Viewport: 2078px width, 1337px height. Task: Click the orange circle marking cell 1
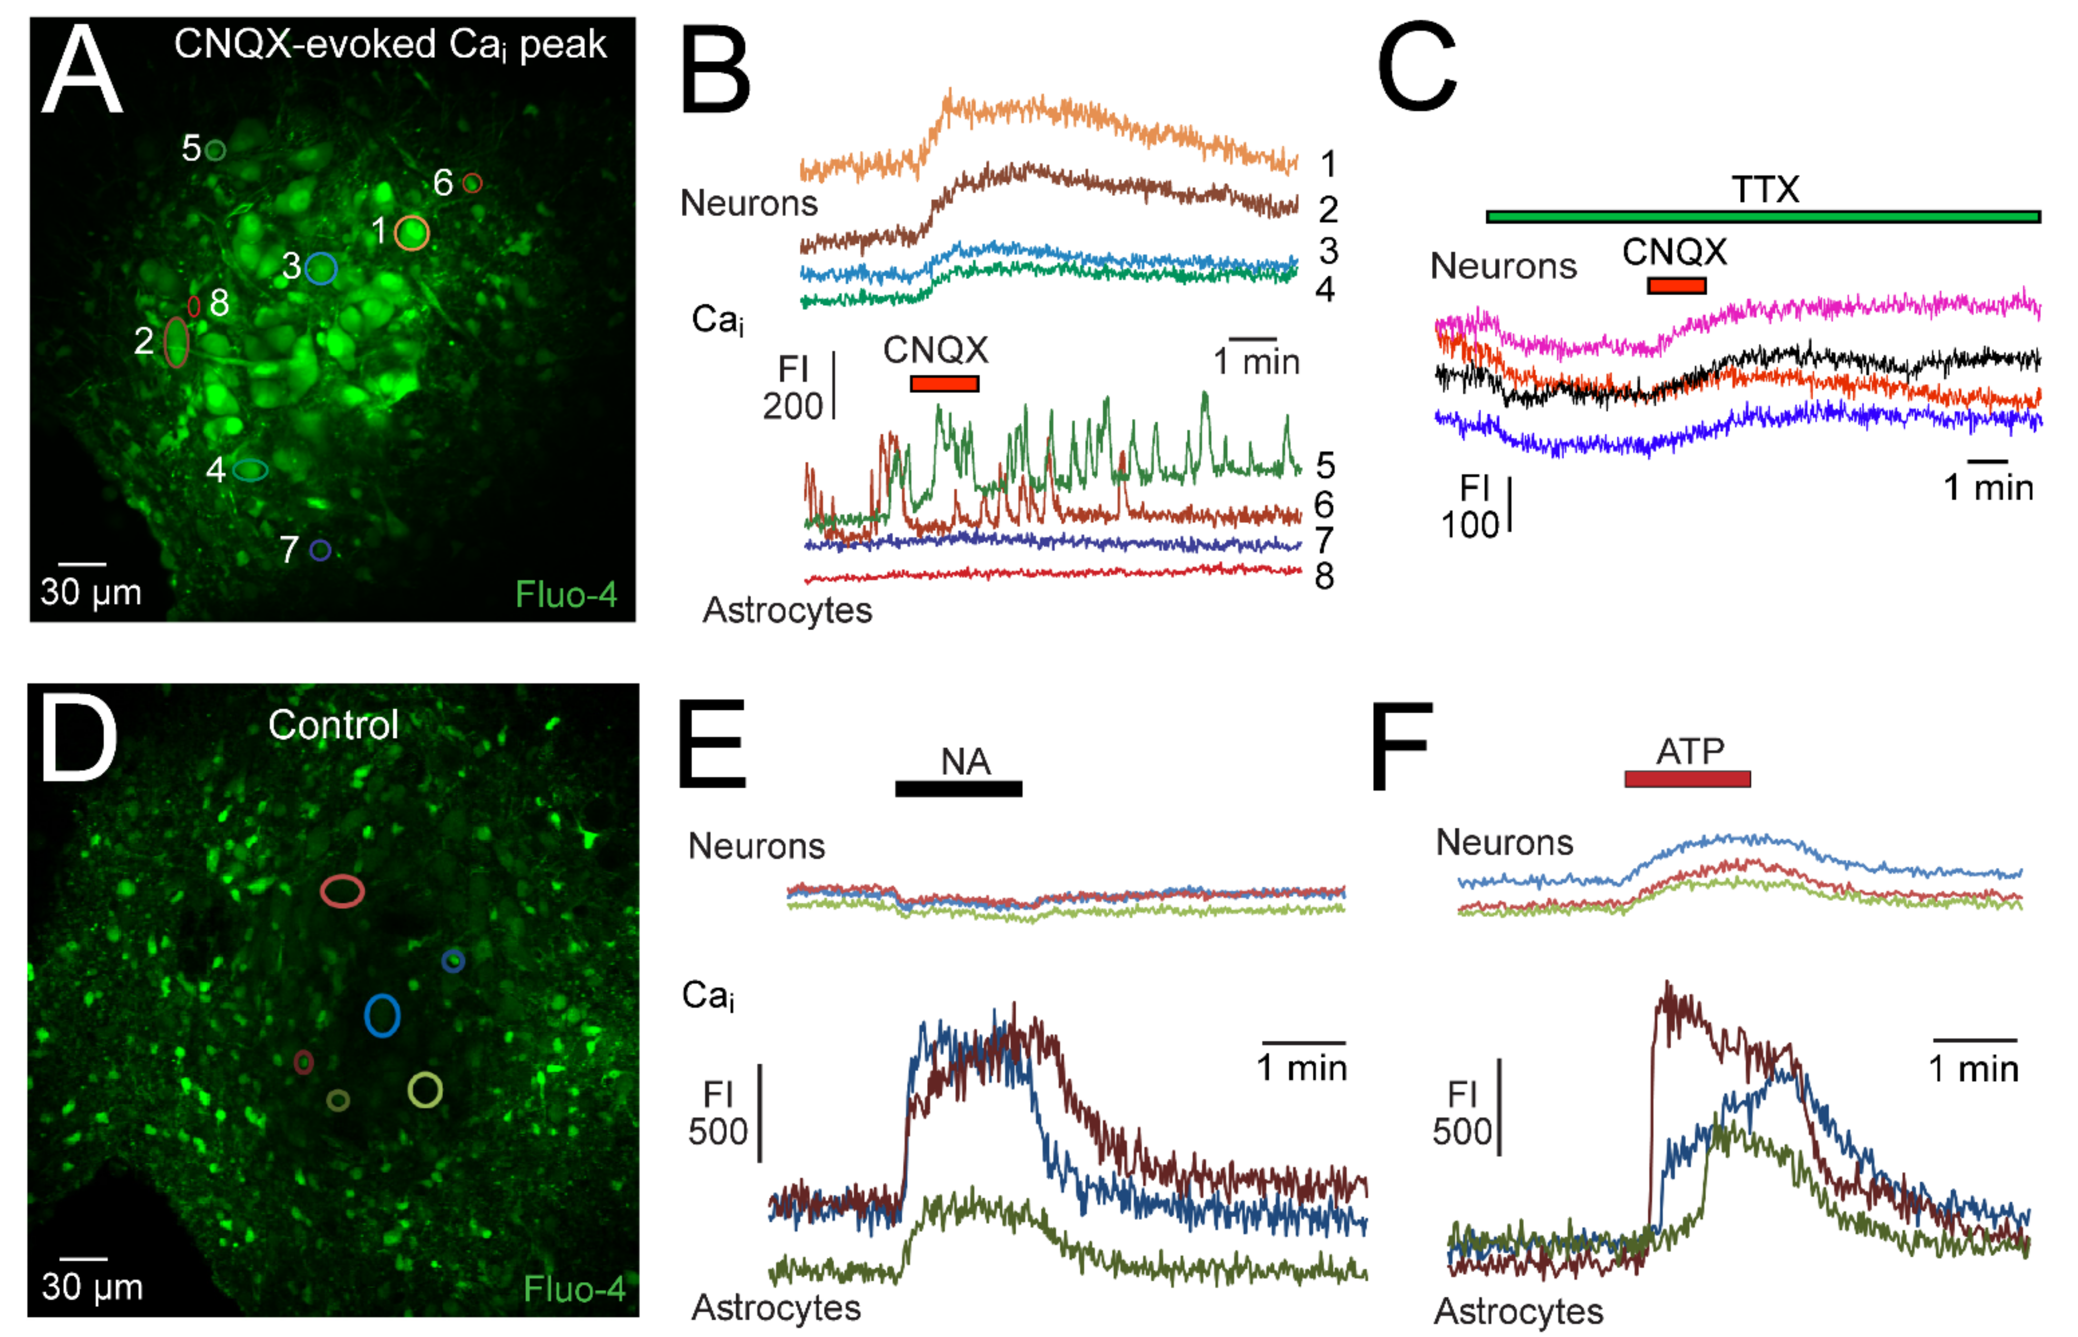click(x=412, y=233)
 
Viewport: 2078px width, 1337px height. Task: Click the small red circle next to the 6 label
click(x=472, y=183)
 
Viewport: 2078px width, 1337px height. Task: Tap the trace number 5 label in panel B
click(x=1325, y=466)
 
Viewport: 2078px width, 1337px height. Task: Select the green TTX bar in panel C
click(x=1763, y=216)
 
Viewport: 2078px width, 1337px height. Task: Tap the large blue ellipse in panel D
click(x=382, y=1015)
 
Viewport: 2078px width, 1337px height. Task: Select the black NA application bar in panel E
click(x=958, y=788)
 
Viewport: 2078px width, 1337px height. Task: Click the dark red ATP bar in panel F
click(x=1687, y=779)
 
